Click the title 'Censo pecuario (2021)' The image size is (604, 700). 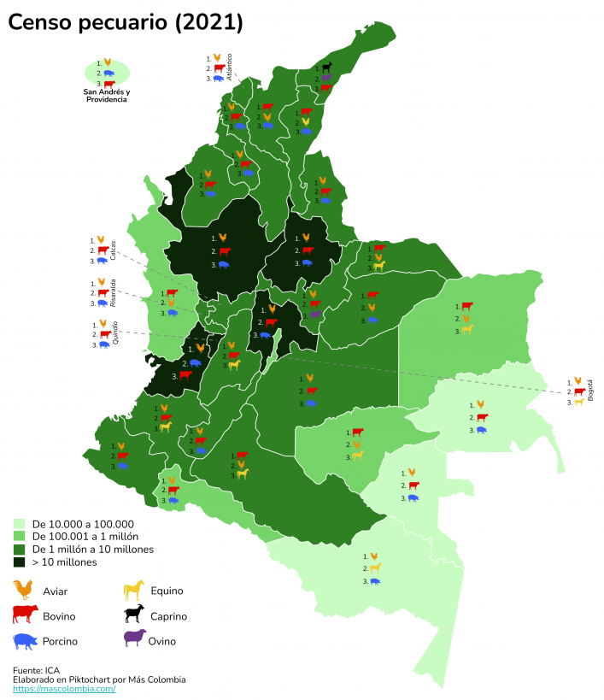click(x=126, y=23)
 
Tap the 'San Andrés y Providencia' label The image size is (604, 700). click(x=107, y=96)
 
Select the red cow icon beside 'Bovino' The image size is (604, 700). click(x=26, y=615)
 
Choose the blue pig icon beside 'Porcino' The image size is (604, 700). click(x=26, y=640)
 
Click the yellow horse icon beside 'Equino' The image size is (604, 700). click(x=135, y=590)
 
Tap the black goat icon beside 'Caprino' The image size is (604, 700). click(x=135, y=615)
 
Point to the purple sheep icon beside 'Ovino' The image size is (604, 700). click(x=135, y=639)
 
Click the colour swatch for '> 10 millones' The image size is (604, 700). click(x=19, y=562)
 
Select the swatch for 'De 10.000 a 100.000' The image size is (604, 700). click(x=19, y=523)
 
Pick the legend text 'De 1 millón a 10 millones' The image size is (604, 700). click(x=92, y=550)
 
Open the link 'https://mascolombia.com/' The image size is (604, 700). click(x=64, y=688)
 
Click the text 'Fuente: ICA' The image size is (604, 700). click(x=39, y=669)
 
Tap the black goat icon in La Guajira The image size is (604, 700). click(x=326, y=67)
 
